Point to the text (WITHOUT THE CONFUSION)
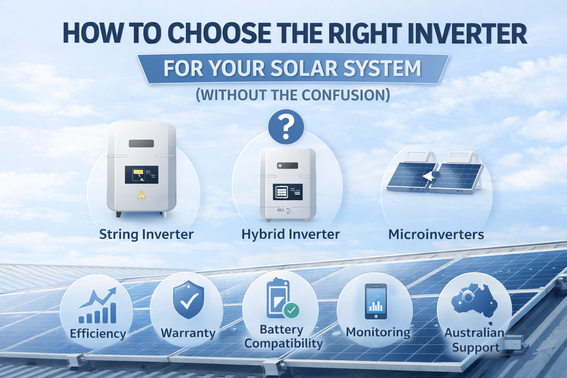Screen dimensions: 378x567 (292, 95)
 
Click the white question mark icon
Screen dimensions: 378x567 (286, 127)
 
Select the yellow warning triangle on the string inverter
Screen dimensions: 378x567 (141, 195)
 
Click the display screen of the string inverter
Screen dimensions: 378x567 (141, 175)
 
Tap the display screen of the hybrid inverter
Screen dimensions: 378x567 (288, 192)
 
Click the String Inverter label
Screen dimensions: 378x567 (146, 234)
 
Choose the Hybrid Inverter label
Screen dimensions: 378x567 (291, 234)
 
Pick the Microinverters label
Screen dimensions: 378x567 (436, 234)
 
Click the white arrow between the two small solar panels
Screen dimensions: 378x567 (428, 177)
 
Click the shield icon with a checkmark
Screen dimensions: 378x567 (188, 299)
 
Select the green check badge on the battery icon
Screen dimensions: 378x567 (291, 310)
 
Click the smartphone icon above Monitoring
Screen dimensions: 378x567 (376, 301)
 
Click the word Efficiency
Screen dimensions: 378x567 (98, 334)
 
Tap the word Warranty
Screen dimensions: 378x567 (188, 333)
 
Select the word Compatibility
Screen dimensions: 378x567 (283, 343)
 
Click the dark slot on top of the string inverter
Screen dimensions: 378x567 (141, 144)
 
